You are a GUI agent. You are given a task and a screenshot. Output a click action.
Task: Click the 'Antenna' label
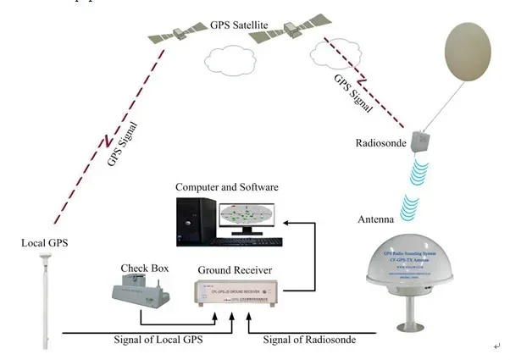pyautogui.click(x=374, y=219)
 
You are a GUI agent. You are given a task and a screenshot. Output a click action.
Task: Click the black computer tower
pyautogui.click(x=191, y=221)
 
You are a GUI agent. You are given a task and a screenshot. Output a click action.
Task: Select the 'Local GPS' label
pyautogui.click(x=45, y=245)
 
